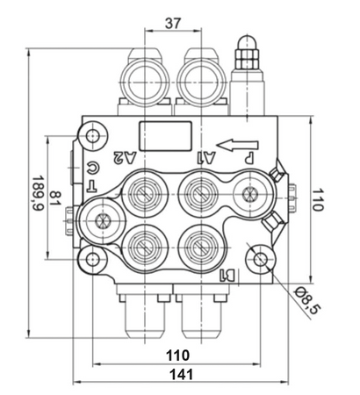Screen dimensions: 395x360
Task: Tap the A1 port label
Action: click(x=208, y=158)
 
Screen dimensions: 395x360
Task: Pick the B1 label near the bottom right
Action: click(x=227, y=276)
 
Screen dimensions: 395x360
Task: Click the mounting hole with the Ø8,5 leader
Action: click(x=259, y=259)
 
